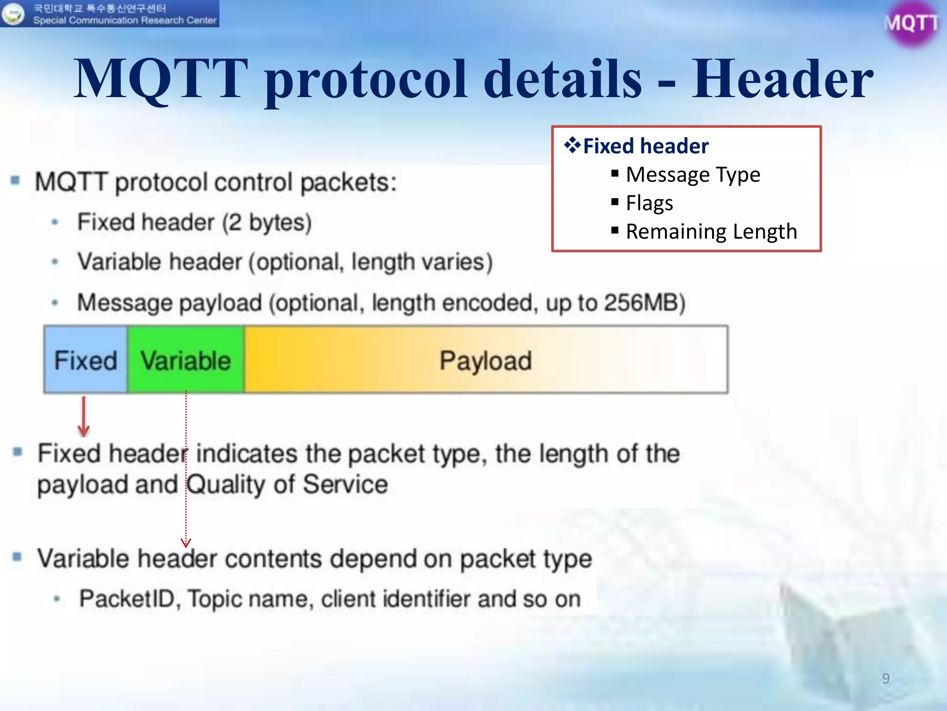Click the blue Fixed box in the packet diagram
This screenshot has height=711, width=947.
(86, 360)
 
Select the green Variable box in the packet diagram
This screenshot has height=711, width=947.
(186, 360)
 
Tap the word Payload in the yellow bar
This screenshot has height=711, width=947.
(486, 361)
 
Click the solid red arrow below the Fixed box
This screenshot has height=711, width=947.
(84, 417)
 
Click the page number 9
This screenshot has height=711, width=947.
(886, 679)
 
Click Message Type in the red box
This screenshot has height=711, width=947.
(693, 175)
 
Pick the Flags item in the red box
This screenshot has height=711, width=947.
(649, 203)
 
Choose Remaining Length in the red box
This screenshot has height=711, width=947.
(711, 231)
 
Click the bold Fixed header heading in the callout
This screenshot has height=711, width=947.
(646, 146)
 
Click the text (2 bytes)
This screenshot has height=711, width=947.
(267, 223)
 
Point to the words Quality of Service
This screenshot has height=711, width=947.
(287, 485)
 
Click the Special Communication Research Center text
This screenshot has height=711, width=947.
(125, 20)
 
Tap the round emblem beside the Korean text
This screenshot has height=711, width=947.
(13, 14)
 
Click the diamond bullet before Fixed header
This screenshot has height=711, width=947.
(572, 145)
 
